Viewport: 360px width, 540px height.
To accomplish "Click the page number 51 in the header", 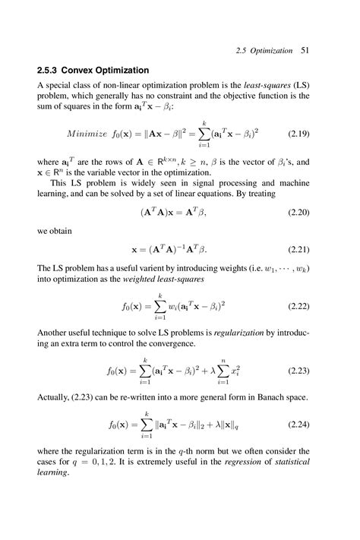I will [x=306, y=51].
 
